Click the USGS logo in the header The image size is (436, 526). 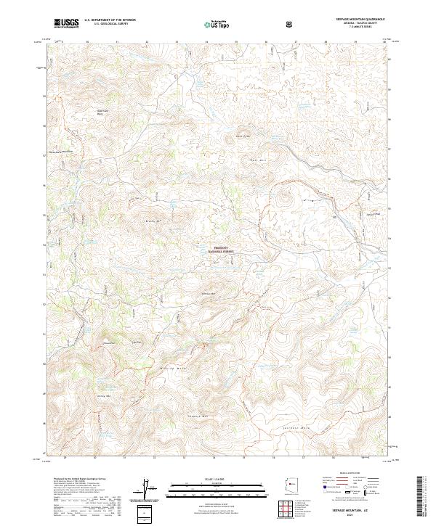(x=66, y=23)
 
